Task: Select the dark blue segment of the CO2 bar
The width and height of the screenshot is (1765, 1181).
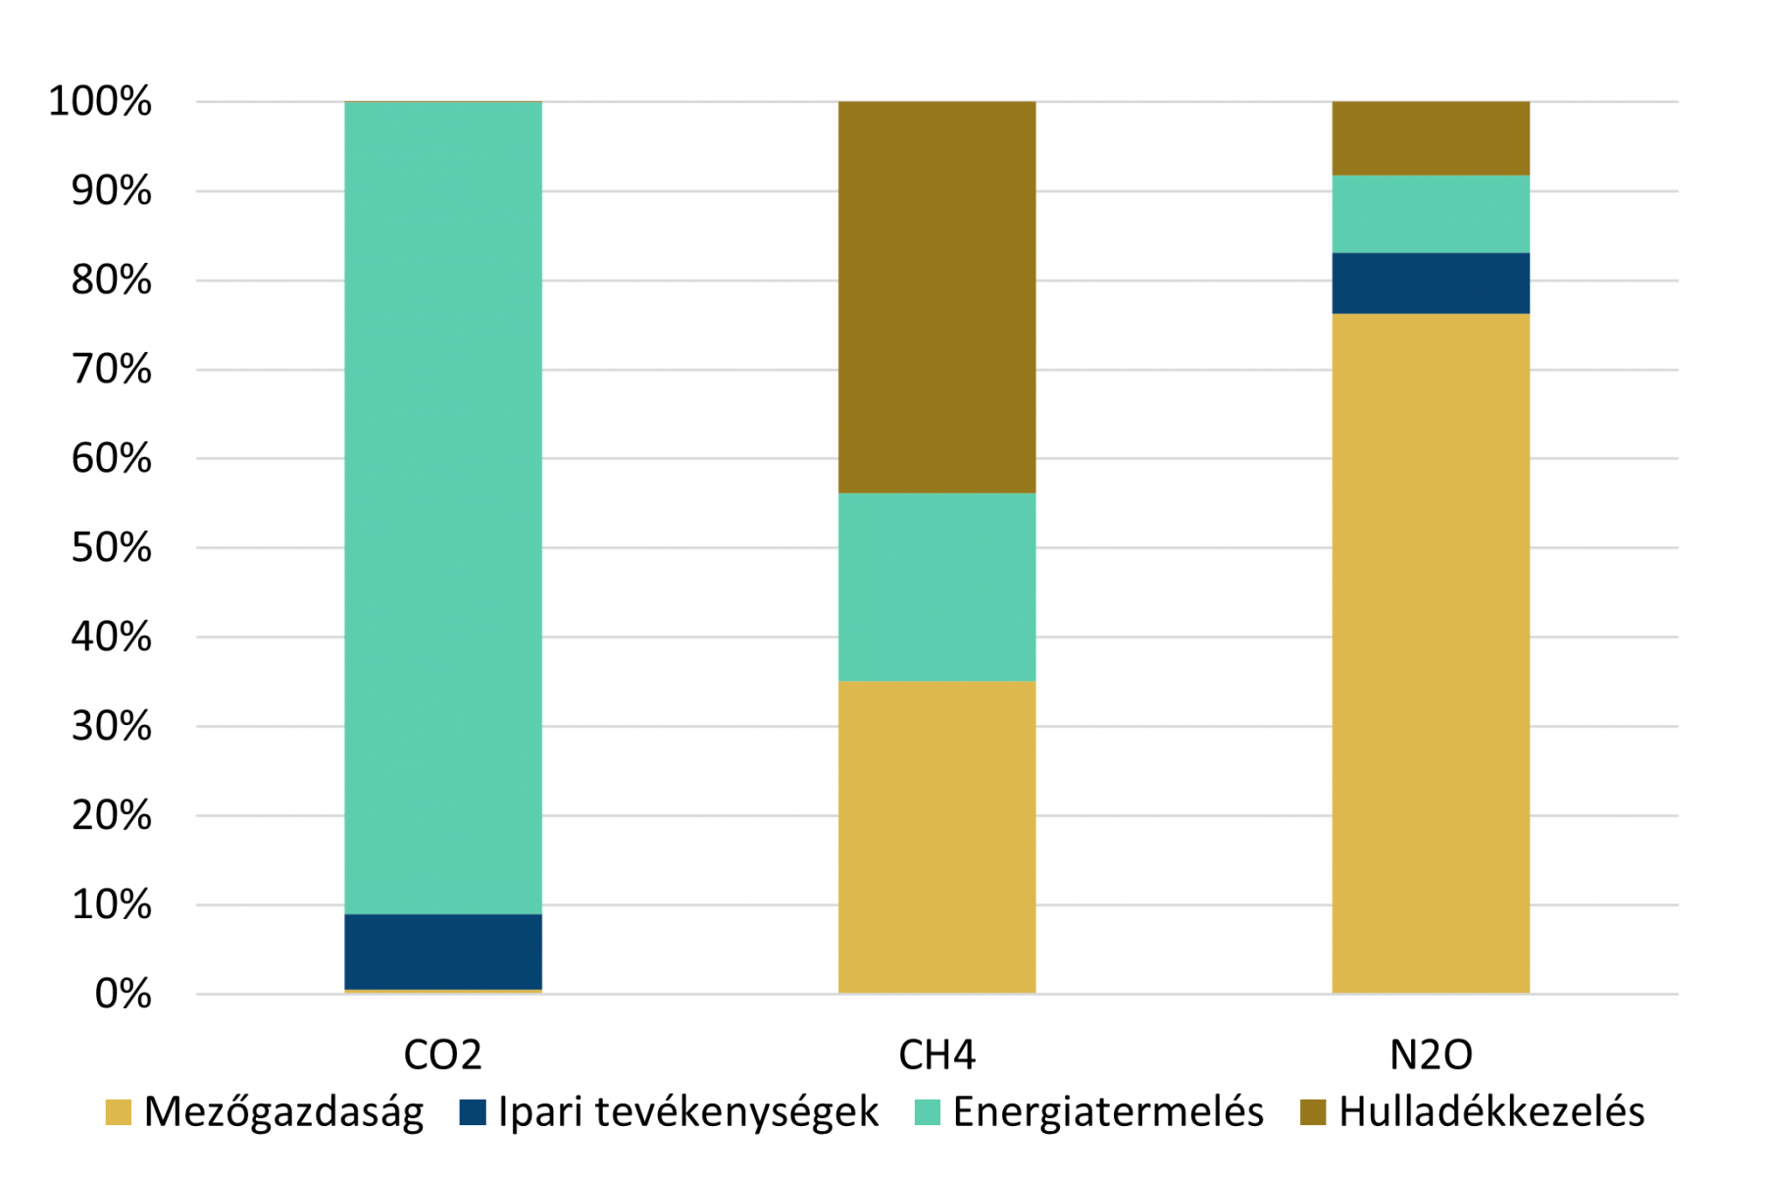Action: [x=443, y=951]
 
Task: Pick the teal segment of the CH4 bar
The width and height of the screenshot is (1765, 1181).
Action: [x=936, y=587]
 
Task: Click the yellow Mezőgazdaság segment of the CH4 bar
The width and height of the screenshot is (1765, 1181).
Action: [x=936, y=837]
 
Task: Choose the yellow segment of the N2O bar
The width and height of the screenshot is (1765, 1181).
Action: [x=1430, y=653]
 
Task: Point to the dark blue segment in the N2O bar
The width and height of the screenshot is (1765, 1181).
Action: [x=1430, y=283]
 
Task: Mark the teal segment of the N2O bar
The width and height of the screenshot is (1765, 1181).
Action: [x=1430, y=214]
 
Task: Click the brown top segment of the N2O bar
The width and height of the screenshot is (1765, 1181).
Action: [x=1430, y=138]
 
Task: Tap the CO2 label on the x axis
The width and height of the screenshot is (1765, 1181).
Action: [x=443, y=1055]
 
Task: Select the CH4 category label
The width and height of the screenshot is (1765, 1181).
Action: [x=936, y=1055]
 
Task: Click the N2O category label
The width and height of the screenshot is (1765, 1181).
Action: [x=1431, y=1055]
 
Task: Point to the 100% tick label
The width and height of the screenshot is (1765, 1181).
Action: [x=100, y=101]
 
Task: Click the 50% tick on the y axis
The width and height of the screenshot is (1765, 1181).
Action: [x=111, y=547]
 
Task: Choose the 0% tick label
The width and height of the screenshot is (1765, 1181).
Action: [x=123, y=995]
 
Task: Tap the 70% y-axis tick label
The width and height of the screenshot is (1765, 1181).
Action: [x=111, y=369]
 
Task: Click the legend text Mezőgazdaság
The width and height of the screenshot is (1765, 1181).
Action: [x=283, y=1112]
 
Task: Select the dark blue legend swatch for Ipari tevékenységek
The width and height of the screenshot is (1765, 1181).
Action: [x=473, y=1112]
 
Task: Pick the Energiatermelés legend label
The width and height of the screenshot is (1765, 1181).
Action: [x=1108, y=1112]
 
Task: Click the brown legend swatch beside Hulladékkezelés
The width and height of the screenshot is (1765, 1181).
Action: [x=1312, y=1112]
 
